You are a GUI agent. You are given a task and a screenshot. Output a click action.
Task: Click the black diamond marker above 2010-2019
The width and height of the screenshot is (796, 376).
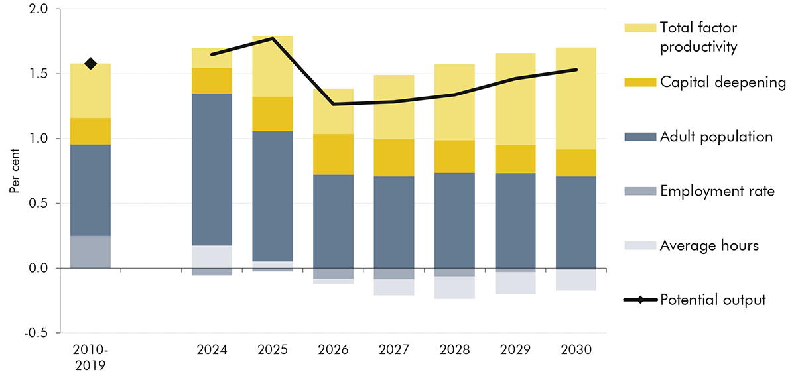pyautogui.click(x=91, y=64)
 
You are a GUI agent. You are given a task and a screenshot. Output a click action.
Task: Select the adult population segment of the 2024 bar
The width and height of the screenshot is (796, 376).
pyautogui.click(x=212, y=169)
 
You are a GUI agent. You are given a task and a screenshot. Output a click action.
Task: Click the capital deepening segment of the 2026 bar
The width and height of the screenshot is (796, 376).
pyautogui.click(x=333, y=154)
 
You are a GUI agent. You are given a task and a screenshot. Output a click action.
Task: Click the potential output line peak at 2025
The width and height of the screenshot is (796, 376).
pyautogui.click(x=273, y=38)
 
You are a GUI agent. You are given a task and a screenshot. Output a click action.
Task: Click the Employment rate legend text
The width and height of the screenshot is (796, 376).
pyautogui.click(x=716, y=191)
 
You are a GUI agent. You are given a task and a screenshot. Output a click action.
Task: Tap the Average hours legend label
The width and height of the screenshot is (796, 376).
pyautogui.click(x=709, y=245)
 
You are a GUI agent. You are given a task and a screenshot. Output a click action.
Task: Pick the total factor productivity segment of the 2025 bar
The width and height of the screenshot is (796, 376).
pyautogui.click(x=273, y=66)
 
